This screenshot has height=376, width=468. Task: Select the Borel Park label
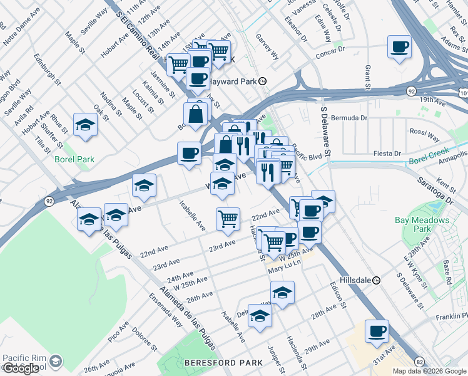point(74,159)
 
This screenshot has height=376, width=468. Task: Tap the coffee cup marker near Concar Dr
point(400,46)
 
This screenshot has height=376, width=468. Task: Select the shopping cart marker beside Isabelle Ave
point(228,219)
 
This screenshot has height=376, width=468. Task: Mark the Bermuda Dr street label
point(354,117)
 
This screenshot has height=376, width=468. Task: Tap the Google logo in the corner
point(21,368)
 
